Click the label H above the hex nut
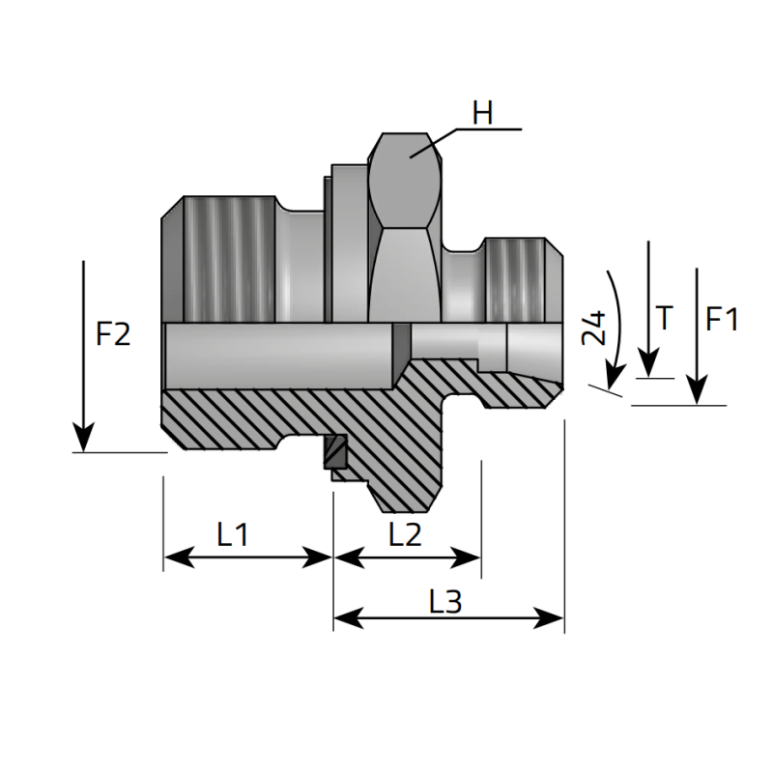482,113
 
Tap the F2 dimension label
113,335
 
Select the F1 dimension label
722,319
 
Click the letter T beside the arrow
663,318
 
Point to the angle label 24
593,329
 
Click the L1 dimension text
232,534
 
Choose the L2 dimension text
406,534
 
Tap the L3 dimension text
444,602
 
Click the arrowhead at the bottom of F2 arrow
84,439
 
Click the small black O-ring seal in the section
335,451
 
